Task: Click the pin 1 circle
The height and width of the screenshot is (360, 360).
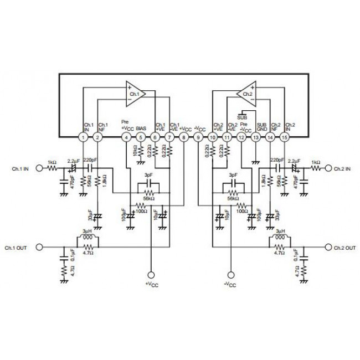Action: [83, 137]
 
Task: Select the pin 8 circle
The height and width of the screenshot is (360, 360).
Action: [184, 137]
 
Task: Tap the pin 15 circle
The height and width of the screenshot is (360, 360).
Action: [285, 137]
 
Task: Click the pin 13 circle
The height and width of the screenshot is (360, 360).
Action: [256, 137]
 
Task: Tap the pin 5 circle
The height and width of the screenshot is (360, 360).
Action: [141, 137]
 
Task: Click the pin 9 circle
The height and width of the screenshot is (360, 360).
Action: [198, 137]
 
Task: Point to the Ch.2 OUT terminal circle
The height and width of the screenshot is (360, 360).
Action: [328, 247]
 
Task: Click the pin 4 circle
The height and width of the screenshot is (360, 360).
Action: [127, 137]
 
